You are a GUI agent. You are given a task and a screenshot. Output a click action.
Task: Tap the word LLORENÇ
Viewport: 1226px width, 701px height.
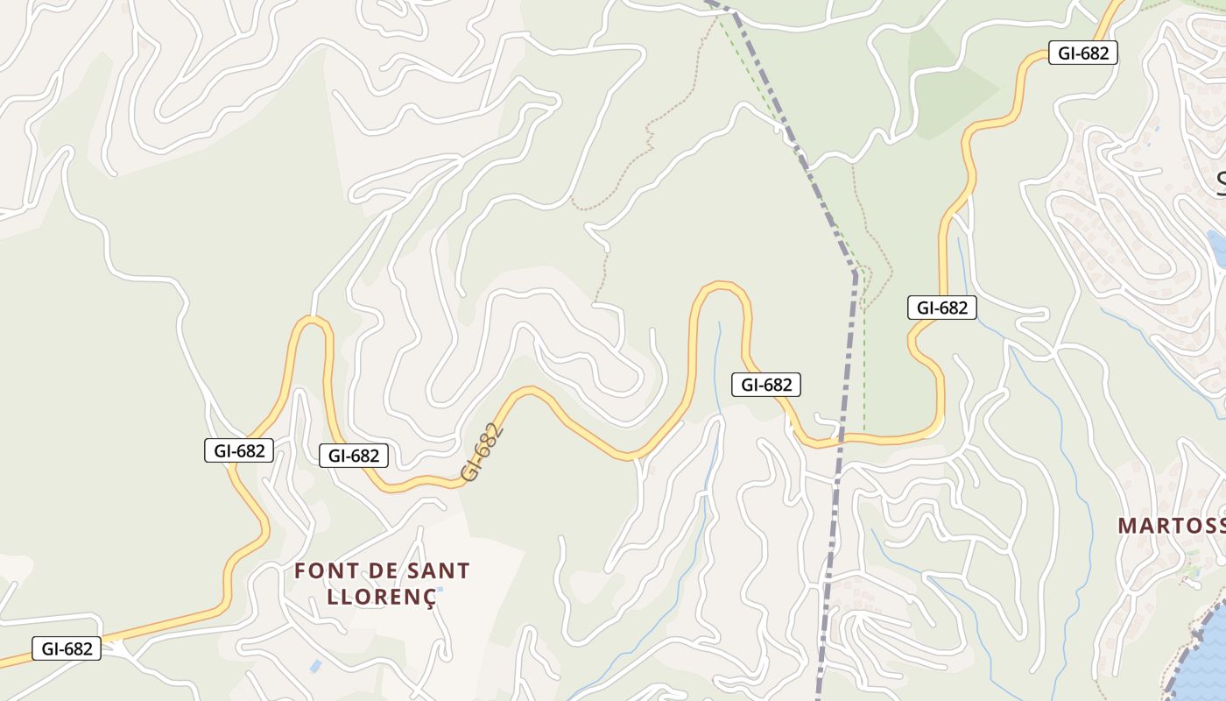pyautogui.click(x=380, y=598)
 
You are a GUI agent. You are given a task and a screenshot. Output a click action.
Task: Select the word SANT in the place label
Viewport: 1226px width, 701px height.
pyautogui.click(x=439, y=571)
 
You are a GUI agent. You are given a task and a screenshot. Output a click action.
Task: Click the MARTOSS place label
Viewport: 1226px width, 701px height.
pyautogui.click(x=1171, y=526)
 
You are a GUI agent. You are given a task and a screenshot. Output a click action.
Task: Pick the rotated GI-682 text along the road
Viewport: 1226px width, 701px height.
pyautogui.click(x=483, y=452)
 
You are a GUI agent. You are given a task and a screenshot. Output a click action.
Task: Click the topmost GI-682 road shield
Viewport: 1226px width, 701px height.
pyautogui.click(x=1083, y=53)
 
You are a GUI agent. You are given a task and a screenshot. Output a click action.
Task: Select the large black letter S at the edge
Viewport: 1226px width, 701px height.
pyautogui.click(x=1221, y=182)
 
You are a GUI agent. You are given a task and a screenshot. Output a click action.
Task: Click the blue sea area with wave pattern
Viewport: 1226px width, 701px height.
pyautogui.click(x=1204, y=666)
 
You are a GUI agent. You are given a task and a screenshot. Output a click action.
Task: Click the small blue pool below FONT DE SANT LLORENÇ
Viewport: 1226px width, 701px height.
pyautogui.click(x=314, y=666)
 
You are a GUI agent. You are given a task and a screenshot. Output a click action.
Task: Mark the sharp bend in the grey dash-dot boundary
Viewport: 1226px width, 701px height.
pyautogui.click(x=855, y=274)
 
